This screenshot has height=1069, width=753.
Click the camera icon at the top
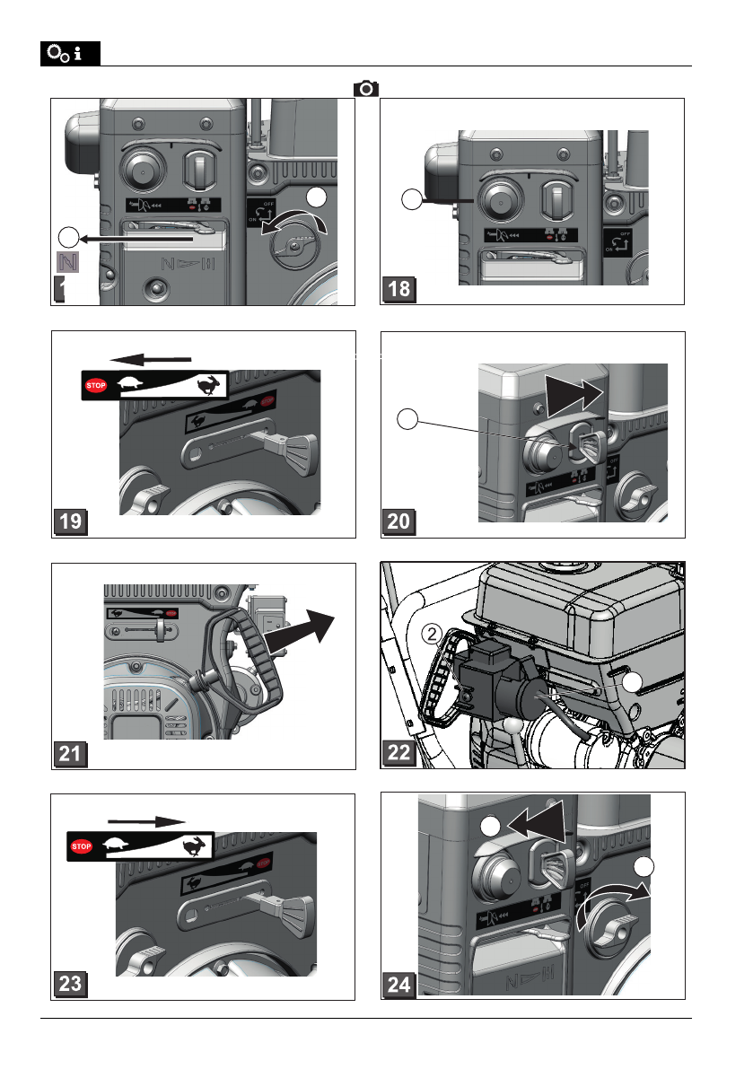(x=366, y=88)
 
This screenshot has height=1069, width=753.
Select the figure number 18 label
(x=399, y=290)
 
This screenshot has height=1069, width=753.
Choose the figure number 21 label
(x=69, y=754)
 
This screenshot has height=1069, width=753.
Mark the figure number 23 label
(x=69, y=985)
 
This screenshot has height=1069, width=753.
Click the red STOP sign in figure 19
(x=96, y=386)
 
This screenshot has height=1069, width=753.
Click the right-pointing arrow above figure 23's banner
(x=145, y=820)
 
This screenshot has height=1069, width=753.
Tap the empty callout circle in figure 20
(x=409, y=417)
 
